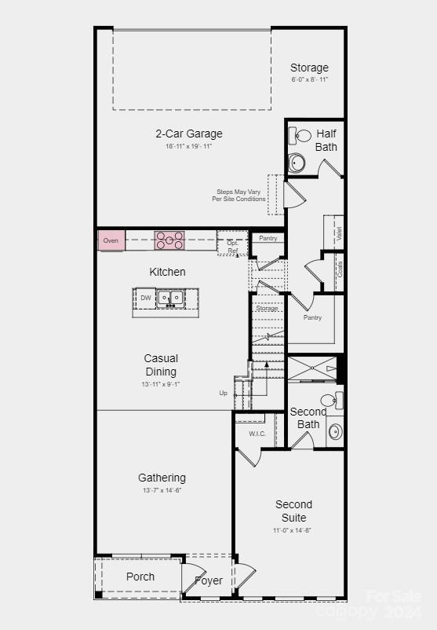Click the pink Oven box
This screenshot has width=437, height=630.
click(111, 240)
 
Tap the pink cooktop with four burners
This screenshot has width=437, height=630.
click(169, 240)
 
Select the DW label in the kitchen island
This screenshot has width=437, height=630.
click(146, 298)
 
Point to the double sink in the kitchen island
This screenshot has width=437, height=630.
click(169, 298)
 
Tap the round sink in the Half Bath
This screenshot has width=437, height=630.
click(298, 163)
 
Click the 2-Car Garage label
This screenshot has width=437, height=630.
click(188, 134)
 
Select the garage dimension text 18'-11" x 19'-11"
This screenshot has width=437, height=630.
click(188, 146)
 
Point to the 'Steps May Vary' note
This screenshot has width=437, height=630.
click(239, 195)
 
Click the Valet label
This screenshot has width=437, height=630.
click(339, 233)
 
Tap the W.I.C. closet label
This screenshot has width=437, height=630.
click(257, 434)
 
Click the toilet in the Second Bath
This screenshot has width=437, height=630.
click(330, 400)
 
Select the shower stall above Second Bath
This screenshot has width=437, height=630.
click(312, 368)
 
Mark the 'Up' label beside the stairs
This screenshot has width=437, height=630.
click(224, 393)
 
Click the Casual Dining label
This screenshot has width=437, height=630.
click(161, 364)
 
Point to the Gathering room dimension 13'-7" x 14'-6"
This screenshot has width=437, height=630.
click(162, 490)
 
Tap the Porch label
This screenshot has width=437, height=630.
click(140, 577)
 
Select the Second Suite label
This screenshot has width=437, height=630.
click(294, 511)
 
